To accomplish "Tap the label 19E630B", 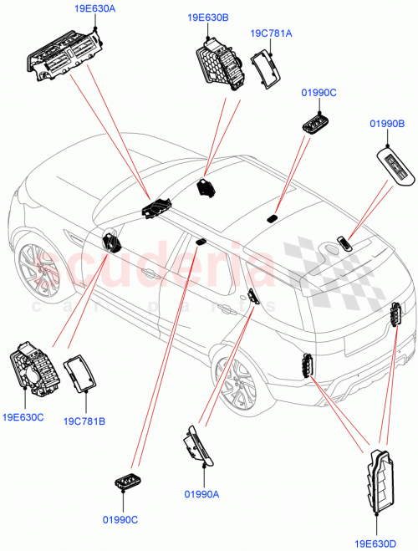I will (x=207, y=17).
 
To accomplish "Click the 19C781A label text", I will (x=271, y=33).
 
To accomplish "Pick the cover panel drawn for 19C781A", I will (x=266, y=68).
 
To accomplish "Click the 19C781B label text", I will (x=84, y=421).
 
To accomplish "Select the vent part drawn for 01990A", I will (x=199, y=446).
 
